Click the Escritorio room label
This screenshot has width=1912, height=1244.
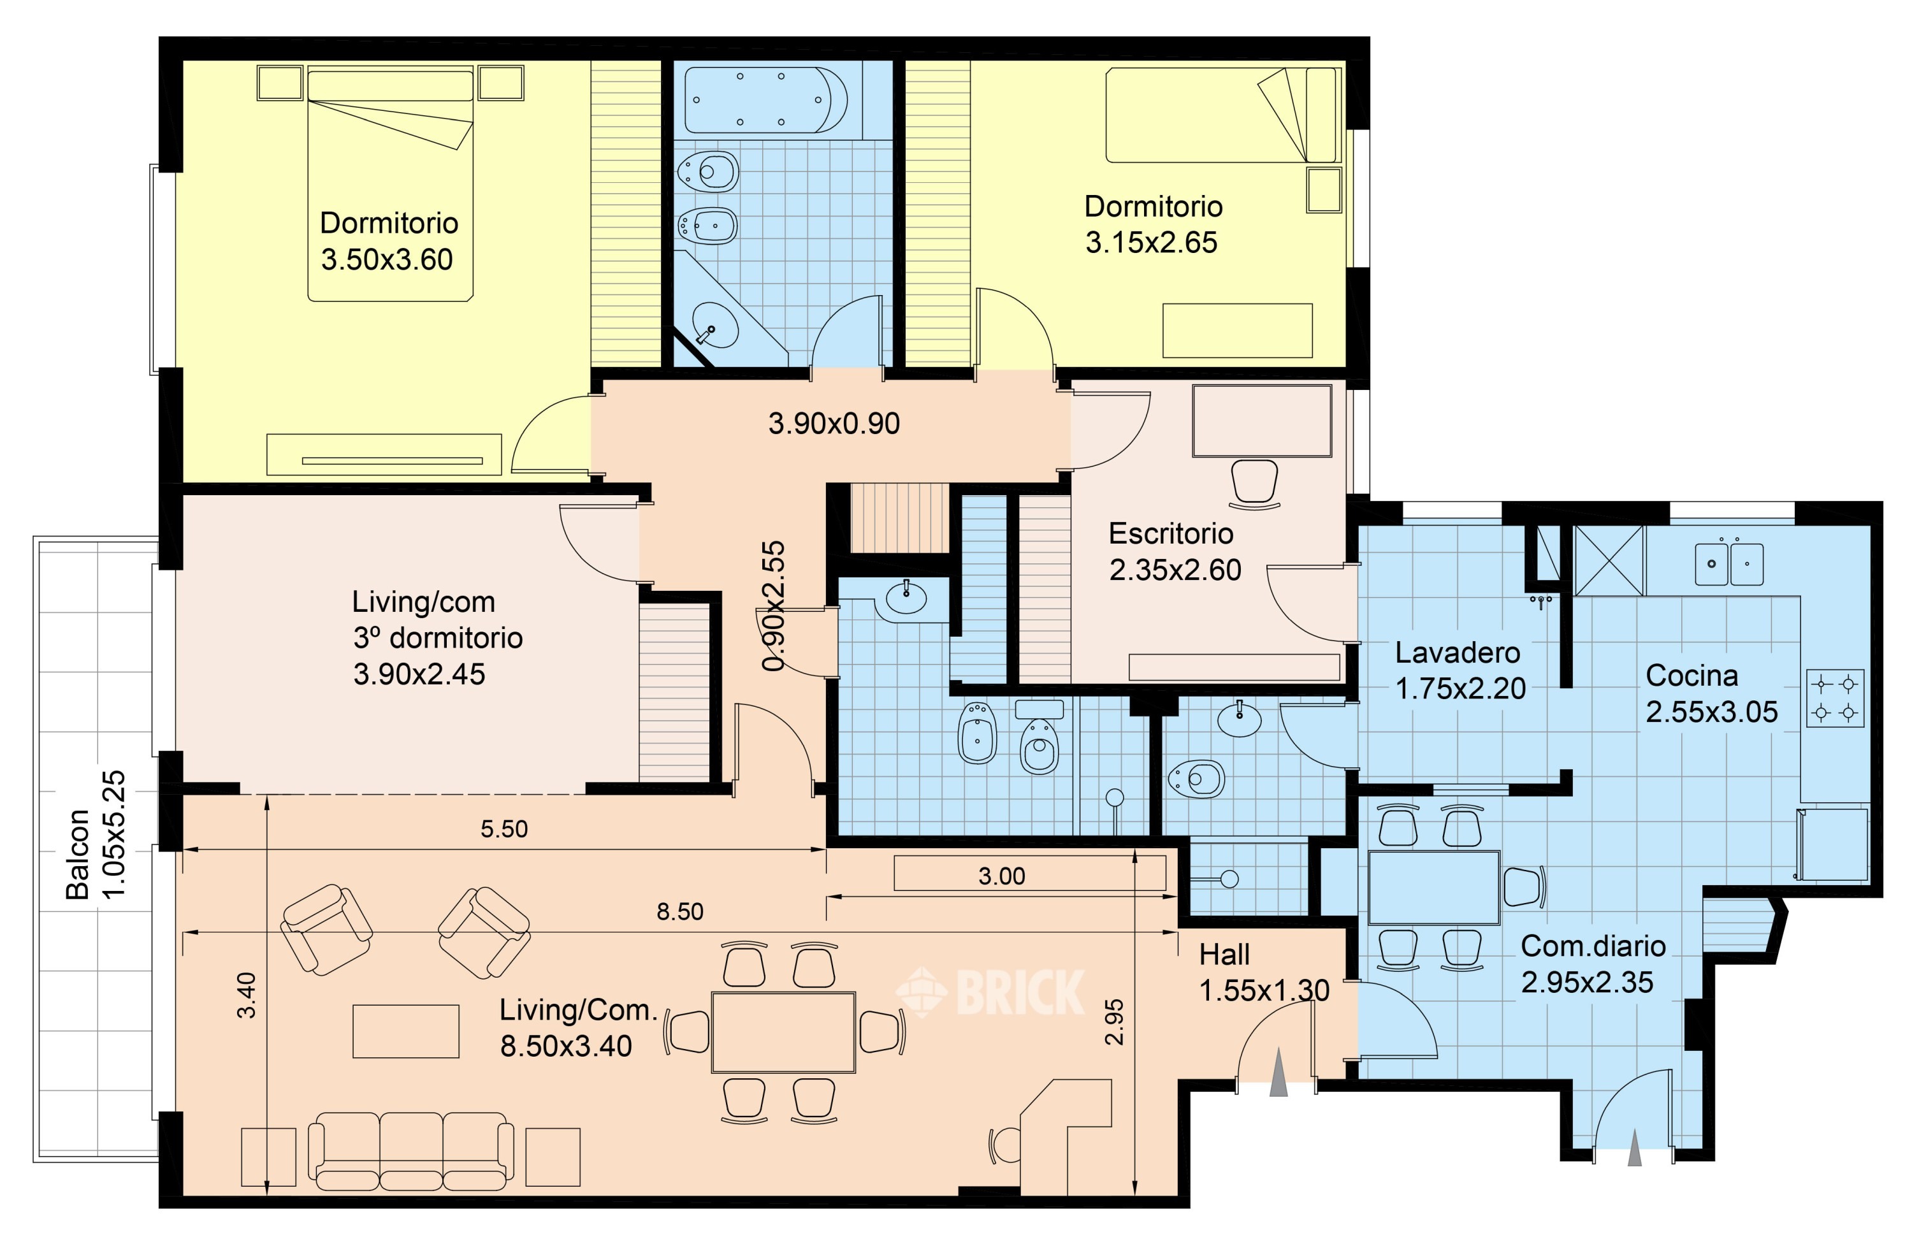click(x=1171, y=533)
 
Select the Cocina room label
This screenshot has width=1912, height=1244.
click(x=1692, y=676)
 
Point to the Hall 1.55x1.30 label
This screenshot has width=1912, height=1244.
click(x=1264, y=973)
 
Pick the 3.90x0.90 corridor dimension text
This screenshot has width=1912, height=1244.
click(x=834, y=423)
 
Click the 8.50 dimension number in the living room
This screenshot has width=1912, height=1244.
click(x=679, y=911)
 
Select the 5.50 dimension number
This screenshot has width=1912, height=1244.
click(x=505, y=828)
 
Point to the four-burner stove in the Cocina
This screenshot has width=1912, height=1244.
click(x=1836, y=698)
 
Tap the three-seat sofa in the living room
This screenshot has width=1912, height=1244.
click(x=411, y=1151)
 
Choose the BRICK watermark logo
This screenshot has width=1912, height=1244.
click(x=990, y=993)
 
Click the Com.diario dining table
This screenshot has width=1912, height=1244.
click(x=1434, y=887)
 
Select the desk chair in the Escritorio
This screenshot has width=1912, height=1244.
click(x=1254, y=484)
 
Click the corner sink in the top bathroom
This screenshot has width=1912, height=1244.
click(x=714, y=324)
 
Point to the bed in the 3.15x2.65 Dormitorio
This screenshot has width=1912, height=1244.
click(x=1222, y=115)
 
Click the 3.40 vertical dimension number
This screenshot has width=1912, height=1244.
click(x=247, y=995)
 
